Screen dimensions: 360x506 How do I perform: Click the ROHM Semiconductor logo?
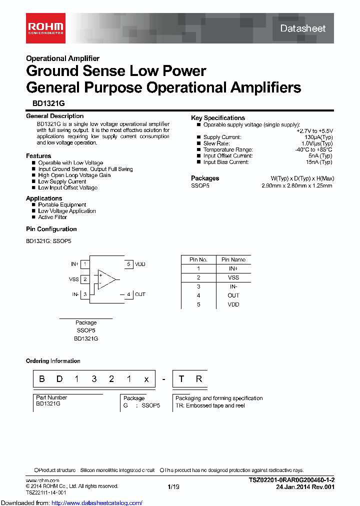click(x=45, y=27)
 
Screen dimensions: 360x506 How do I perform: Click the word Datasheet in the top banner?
click(x=302, y=28)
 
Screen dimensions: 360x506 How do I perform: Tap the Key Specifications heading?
click(x=218, y=118)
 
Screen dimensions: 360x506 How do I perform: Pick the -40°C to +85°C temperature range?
click(x=313, y=149)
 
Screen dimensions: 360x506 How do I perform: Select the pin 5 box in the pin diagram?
click(x=128, y=264)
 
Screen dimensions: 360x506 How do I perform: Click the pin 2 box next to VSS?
click(x=85, y=279)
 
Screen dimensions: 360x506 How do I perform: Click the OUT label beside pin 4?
click(x=140, y=294)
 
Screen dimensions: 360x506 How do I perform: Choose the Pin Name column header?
click(x=233, y=259)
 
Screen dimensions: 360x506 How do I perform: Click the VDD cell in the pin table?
click(x=233, y=304)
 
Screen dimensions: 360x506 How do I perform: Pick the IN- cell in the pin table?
click(x=233, y=286)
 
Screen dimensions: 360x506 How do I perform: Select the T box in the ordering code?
click(x=181, y=378)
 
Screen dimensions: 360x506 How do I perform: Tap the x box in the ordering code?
click(x=146, y=378)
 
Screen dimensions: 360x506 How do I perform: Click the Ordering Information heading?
click(x=53, y=361)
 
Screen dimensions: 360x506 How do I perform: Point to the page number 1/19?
click(x=173, y=486)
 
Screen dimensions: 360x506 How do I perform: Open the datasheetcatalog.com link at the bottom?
click(x=97, y=503)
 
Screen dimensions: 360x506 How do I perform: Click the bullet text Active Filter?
click(x=52, y=217)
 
